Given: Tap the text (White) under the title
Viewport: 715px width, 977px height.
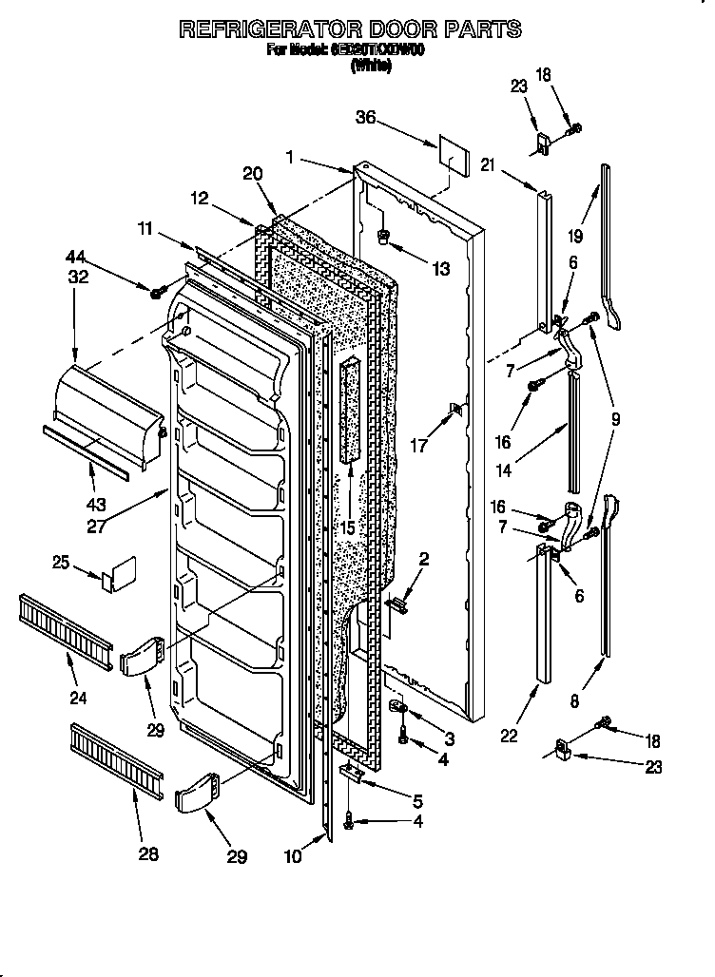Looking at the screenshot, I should [371, 65].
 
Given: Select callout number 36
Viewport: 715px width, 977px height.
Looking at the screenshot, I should [366, 119].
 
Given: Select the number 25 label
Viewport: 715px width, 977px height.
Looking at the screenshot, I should [61, 564].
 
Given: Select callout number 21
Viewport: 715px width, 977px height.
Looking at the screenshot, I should [489, 165].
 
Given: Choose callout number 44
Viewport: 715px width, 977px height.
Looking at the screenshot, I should [75, 257].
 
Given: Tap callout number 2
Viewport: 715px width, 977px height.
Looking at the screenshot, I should [423, 560].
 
